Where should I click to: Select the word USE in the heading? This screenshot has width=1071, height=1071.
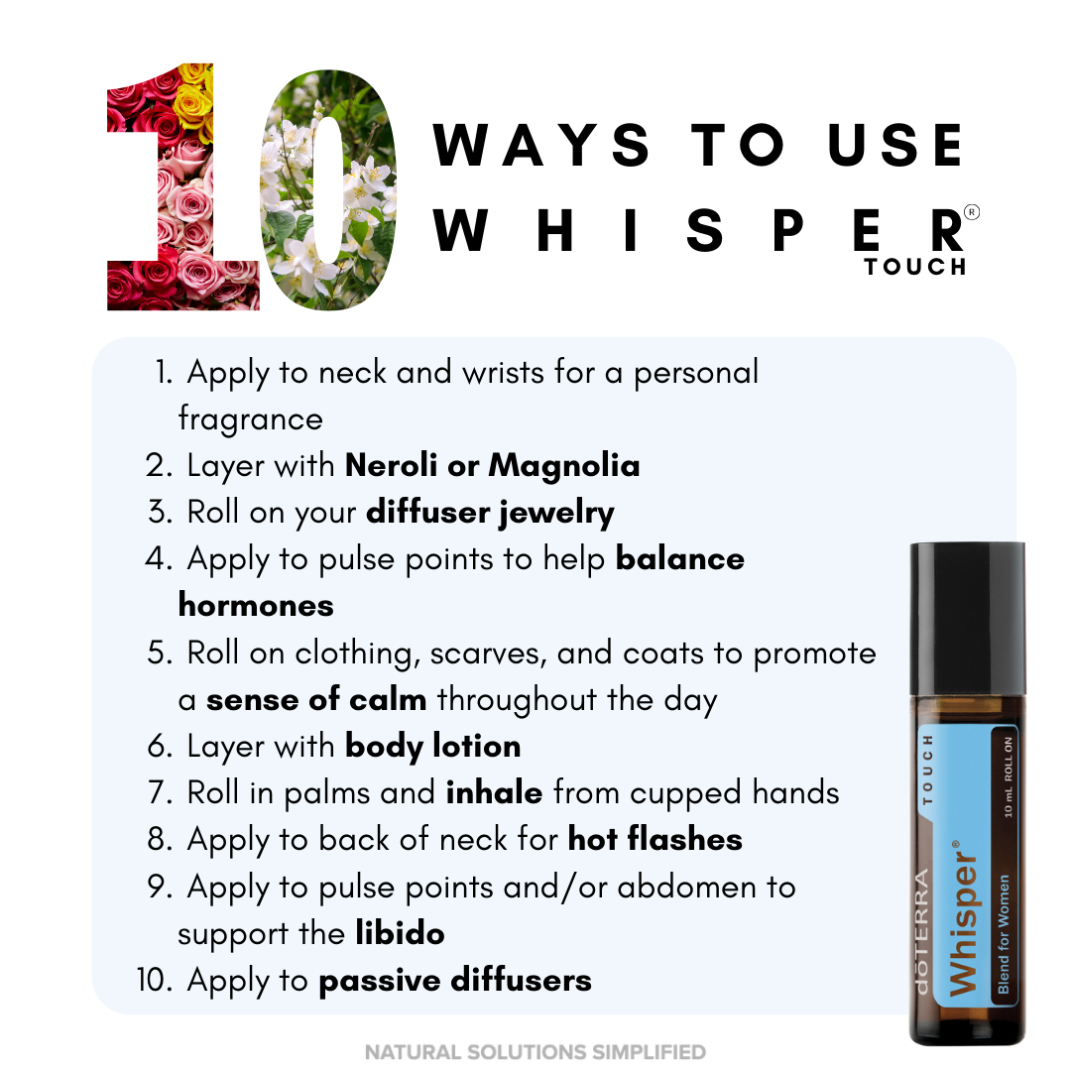[x=895, y=146]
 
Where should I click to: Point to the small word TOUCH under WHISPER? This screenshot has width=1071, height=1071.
[x=915, y=267]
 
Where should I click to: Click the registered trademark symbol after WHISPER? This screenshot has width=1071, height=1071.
[x=971, y=212]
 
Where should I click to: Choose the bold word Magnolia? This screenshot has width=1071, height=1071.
[x=564, y=466]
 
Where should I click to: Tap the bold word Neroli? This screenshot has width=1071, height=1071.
[x=392, y=465]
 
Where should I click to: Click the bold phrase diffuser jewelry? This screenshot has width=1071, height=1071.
[x=490, y=514]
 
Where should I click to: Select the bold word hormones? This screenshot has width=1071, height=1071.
[x=256, y=605]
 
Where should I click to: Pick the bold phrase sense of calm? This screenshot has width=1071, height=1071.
[x=316, y=699]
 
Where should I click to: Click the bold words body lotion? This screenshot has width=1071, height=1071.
[x=433, y=747]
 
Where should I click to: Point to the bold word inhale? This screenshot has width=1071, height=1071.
[x=495, y=792]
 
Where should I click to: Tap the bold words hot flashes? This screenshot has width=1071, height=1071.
[x=655, y=839]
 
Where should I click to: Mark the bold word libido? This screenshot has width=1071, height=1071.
[x=400, y=933]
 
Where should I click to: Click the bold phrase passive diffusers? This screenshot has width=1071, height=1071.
[x=455, y=981]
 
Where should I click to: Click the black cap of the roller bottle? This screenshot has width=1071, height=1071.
[x=967, y=619]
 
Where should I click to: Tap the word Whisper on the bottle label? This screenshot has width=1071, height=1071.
[x=964, y=918]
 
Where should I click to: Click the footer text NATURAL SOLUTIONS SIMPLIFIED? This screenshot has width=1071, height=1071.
[x=535, y=1052]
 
